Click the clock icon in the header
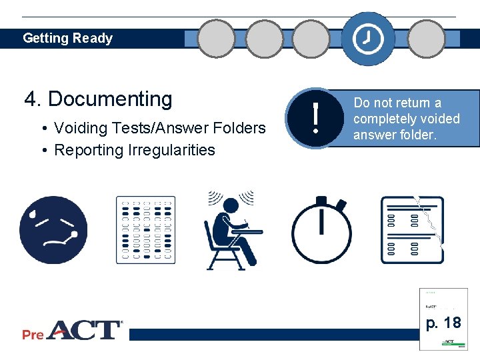pos(368,39)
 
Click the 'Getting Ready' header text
pos(67,38)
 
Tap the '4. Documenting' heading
pos(98,99)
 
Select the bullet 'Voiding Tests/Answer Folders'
pos(159,128)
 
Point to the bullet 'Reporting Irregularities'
pos(134,150)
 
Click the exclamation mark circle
pos(311,119)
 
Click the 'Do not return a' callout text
pos(397,103)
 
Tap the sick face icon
pos(53,230)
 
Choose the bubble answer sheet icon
pos(146,230)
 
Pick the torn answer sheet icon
pos(411,230)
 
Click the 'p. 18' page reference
pos(443,323)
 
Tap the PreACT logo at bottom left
pos(73,330)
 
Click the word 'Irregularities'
pos(175,150)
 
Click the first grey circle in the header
pos(217,39)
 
